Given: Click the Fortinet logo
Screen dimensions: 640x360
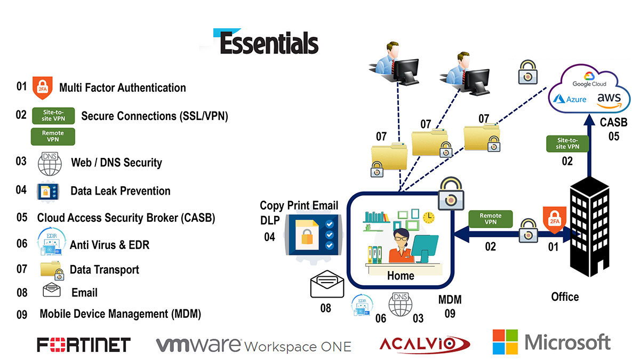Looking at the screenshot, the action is click(84, 345).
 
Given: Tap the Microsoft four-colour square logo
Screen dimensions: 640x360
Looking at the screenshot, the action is click(505, 342).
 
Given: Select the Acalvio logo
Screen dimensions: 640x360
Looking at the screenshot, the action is click(425, 343).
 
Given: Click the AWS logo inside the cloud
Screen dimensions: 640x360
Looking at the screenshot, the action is click(609, 100).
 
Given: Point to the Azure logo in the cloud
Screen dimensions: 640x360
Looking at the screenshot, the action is click(570, 99).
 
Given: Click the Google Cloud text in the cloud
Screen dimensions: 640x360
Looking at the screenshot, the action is click(589, 84).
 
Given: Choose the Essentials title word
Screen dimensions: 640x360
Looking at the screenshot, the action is click(269, 43).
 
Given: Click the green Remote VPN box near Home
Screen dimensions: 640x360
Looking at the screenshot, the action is click(491, 219).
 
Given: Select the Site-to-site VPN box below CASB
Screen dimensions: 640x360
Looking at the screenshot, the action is click(567, 143).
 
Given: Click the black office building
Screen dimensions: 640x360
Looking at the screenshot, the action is click(589, 227).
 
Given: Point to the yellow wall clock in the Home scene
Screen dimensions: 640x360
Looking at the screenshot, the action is click(429, 218).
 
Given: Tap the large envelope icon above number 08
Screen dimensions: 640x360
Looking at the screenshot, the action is click(327, 284).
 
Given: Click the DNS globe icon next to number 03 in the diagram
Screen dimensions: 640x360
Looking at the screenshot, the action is click(401, 305).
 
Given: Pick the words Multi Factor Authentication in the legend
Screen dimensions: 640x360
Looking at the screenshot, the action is click(123, 87).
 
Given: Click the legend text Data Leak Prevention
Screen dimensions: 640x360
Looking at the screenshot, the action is click(121, 191).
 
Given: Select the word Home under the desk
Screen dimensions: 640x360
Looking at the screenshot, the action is click(401, 276).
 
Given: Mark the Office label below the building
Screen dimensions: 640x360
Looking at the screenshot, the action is click(565, 297).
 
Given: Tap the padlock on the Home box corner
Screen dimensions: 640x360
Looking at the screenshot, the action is click(451, 194).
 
